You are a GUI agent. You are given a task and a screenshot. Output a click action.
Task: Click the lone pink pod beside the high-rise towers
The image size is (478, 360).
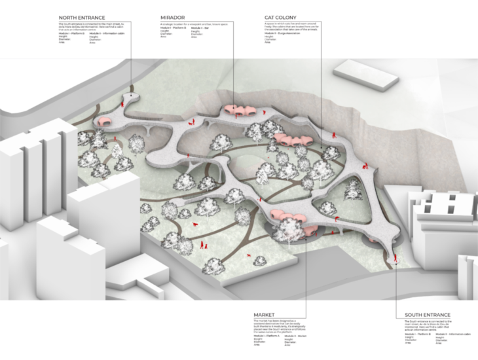pos(105,121)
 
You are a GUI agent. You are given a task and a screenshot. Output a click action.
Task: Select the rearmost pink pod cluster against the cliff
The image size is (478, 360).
pos(238,110)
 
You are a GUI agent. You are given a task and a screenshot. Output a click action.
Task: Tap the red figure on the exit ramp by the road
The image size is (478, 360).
pos(395,261)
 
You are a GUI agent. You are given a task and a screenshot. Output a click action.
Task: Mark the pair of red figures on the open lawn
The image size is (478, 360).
pos(203,246)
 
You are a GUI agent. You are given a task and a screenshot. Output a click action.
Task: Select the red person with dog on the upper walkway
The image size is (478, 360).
pos(191,121)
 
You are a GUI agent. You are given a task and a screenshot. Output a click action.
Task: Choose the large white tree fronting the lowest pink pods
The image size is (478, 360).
pos(288,230)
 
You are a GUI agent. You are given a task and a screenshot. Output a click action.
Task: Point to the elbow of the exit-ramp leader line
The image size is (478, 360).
pos(397,300)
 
